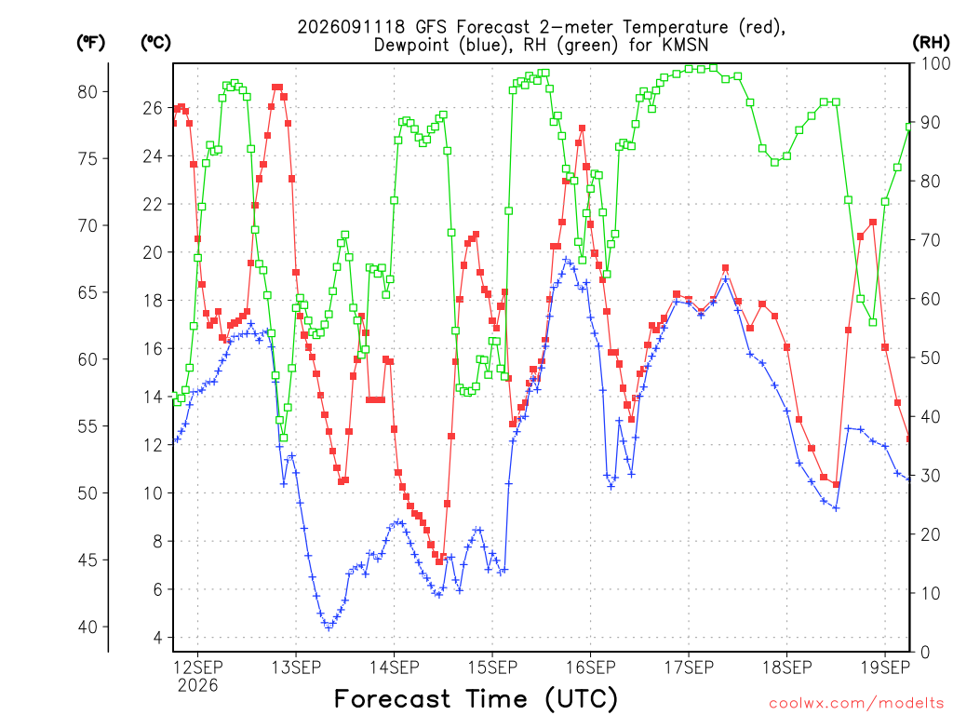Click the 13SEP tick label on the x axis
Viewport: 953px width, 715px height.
point(296,668)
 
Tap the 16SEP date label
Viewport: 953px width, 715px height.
point(591,668)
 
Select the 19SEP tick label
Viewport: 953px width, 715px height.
point(886,668)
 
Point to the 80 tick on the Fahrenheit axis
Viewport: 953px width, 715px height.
point(87,92)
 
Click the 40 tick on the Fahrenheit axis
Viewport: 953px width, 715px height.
point(87,627)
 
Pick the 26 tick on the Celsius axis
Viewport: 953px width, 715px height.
point(153,108)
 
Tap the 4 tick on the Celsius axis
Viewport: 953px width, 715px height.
point(158,638)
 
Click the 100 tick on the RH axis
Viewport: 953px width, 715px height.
point(936,63)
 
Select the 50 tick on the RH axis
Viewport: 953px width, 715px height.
point(931,357)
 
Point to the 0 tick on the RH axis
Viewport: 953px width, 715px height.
point(925,653)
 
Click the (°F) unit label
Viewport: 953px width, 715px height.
point(90,43)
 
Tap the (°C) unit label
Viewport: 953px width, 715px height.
point(155,43)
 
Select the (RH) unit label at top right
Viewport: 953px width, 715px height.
point(931,42)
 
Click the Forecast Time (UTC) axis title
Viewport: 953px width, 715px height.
point(476,698)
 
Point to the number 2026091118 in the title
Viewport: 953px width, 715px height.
point(351,27)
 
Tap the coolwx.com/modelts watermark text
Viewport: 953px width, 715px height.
point(856,704)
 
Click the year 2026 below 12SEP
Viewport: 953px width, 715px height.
point(197,686)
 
